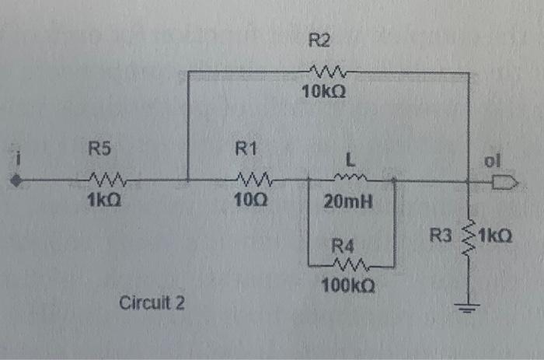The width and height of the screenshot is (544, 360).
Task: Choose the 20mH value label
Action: [348, 204]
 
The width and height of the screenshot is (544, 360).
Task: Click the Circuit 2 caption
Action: [152, 302]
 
